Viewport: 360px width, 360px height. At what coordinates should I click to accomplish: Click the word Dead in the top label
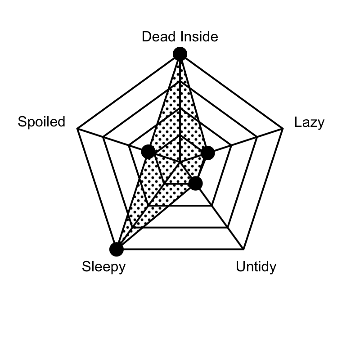(160, 36)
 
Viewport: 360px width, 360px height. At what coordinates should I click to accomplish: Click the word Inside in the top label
(199, 36)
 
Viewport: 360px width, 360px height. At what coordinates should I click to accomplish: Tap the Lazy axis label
(309, 123)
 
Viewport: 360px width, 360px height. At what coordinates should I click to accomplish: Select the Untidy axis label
(256, 267)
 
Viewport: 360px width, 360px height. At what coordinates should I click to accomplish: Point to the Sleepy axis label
(104, 267)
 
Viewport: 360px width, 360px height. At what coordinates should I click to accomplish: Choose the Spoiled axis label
(41, 121)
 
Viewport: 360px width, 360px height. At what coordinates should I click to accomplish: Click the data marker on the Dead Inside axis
(180, 54)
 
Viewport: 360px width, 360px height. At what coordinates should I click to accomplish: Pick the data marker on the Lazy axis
(208, 153)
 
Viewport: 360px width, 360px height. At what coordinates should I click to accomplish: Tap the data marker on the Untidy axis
(195, 184)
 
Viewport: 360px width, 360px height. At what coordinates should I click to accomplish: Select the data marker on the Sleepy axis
(117, 249)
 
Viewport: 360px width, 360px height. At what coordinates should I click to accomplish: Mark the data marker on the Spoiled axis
(148, 152)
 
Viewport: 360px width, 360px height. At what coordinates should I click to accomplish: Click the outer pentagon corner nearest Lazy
(283, 129)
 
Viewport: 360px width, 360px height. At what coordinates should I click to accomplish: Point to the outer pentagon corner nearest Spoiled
(77, 129)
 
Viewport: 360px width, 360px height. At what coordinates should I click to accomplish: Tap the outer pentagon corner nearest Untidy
(243, 249)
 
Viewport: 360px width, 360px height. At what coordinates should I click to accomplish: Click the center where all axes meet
(180, 162)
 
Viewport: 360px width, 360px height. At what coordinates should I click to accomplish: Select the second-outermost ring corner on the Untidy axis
(228, 228)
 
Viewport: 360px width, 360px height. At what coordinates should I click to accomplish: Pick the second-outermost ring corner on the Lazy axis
(257, 137)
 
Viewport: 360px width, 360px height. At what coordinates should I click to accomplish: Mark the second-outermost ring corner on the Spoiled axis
(103, 137)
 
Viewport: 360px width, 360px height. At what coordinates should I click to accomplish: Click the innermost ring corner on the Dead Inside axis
(180, 135)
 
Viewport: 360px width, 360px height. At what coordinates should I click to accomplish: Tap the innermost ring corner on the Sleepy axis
(164, 184)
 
